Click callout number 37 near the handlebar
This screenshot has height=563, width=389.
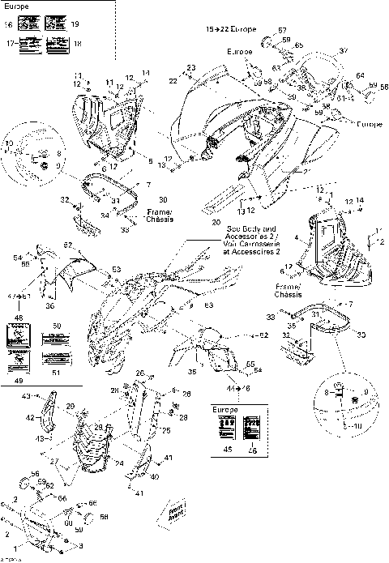[343, 51]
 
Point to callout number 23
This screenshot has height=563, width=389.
[191, 67]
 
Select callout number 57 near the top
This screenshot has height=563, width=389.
[283, 30]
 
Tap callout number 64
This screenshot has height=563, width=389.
[360, 75]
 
